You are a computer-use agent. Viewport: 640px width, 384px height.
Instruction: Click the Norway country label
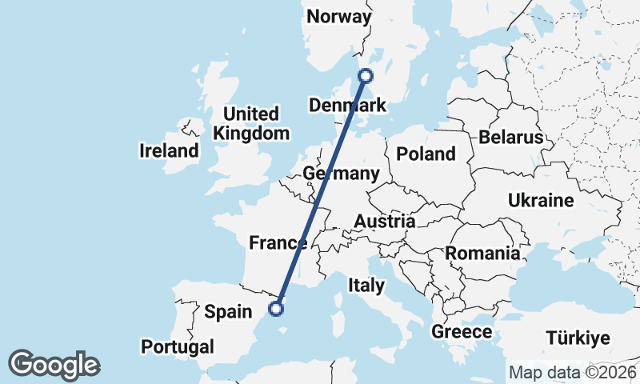(339, 17)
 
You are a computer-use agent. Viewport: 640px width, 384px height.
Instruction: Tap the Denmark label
(347, 106)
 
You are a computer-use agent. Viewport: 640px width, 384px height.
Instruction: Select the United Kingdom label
(251, 123)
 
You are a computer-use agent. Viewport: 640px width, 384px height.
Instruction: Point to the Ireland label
(168, 150)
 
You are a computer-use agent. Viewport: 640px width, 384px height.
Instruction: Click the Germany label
(342, 174)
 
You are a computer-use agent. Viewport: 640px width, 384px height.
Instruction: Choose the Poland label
(426, 154)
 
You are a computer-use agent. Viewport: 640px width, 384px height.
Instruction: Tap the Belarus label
(510, 138)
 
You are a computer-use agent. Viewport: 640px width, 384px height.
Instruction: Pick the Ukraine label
(541, 200)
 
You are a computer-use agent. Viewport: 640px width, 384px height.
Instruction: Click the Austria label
(384, 222)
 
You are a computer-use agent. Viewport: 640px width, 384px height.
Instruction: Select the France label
(278, 243)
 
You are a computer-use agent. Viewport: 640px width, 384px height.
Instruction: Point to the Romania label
(482, 254)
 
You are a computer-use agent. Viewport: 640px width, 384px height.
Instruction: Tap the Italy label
(366, 285)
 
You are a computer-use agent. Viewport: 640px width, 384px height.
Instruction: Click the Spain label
(229, 312)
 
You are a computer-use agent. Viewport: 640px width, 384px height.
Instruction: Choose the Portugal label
(178, 347)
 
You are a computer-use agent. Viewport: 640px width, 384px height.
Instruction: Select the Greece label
(462, 331)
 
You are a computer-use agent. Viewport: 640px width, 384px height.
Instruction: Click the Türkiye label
(578, 337)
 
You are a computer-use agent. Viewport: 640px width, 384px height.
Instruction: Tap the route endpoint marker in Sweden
(366, 76)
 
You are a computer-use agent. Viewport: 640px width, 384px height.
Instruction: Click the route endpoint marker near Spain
(276, 309)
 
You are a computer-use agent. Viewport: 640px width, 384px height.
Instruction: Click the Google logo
(54, 365)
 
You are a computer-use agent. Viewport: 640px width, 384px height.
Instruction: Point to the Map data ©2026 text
(573, 372)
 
